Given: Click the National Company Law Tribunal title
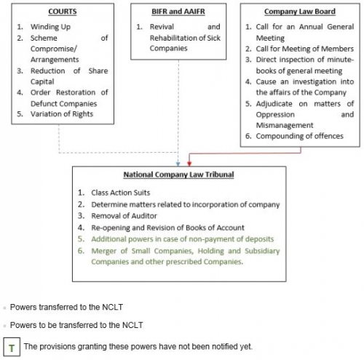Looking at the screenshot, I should [180, 175].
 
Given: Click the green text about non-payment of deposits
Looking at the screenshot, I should [173, 239].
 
